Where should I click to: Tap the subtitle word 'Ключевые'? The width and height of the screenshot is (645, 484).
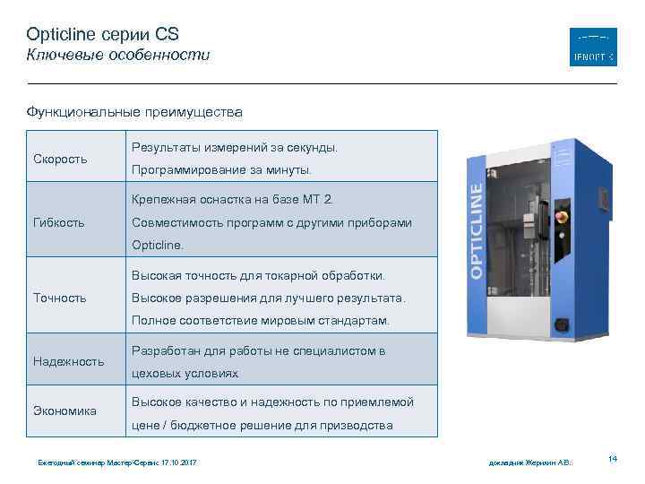60,56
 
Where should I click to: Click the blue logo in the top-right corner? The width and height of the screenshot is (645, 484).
593,47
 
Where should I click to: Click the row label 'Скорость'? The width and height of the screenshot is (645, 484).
60,159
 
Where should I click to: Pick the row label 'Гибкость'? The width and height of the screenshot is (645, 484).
59,222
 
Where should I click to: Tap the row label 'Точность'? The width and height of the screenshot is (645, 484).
59,298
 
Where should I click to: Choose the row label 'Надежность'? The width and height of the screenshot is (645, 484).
69,361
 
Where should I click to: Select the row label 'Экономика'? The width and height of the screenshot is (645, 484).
64,411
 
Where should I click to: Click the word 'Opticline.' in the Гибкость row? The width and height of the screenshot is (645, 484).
158,244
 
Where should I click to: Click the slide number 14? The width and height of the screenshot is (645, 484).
613,459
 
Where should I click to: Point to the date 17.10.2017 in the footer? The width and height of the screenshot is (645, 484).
178,462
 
